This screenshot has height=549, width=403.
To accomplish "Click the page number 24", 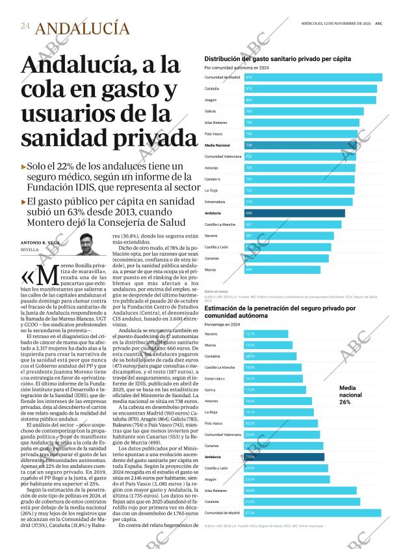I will [x=25, y=26].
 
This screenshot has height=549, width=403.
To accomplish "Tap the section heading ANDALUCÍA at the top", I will [x=81, y=28].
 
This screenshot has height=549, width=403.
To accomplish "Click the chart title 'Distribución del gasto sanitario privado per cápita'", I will [x=278, y=58].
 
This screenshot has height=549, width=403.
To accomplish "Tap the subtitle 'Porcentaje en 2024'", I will [x=222, y=324].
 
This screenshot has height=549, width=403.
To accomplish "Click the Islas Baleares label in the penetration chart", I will [x=216, y=491].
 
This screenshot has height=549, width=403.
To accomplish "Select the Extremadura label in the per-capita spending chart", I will [x=215, y=202].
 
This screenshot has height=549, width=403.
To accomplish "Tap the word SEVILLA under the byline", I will [x=30, y=250].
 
